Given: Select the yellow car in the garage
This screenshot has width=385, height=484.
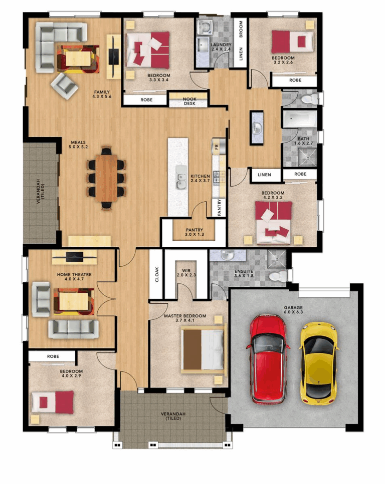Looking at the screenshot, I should pos(319,363).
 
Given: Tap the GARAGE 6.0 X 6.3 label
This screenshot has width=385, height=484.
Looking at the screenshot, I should pos(293,309).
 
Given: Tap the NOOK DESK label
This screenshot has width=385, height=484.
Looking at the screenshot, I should pos(188,101).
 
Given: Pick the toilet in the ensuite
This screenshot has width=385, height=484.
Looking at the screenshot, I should pos(277,276).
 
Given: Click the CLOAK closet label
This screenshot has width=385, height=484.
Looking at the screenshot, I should pos(156,274).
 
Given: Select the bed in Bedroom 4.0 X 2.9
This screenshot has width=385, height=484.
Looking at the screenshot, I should pos(53,402).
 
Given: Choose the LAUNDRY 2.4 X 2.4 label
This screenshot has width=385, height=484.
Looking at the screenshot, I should pos(220,47).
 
